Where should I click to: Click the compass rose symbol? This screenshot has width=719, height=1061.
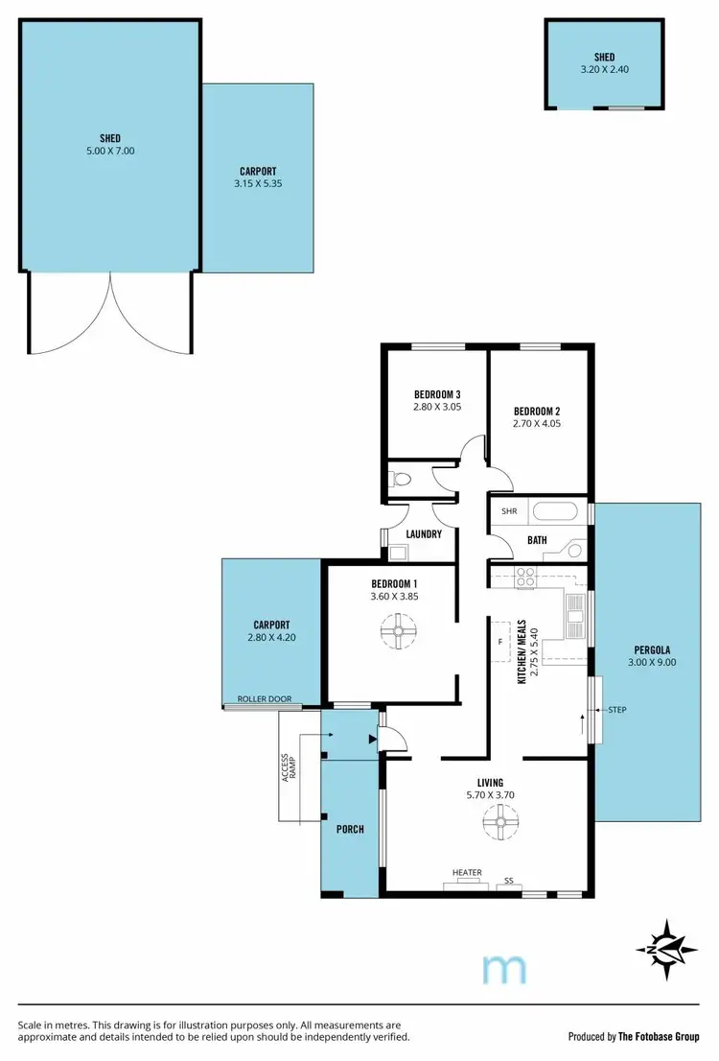pos(666,947)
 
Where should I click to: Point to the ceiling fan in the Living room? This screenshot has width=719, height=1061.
pos(499,821)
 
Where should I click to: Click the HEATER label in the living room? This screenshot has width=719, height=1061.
pos(467,872)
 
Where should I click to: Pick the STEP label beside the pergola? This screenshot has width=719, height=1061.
pos(616,710)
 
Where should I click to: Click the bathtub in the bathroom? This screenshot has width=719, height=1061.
pos(554,511)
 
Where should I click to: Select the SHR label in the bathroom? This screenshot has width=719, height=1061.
pos(508,511)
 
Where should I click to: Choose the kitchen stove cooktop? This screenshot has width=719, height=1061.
pos(526,577)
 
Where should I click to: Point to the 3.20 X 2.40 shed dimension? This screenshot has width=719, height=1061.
pos(604,70)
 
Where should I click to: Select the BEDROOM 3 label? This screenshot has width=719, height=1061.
pos(437,393)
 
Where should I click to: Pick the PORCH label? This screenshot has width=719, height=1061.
pos(350,829)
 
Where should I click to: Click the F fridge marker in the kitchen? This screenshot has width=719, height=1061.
pos(500,640)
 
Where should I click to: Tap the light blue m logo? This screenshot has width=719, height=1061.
pos(504,969)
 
